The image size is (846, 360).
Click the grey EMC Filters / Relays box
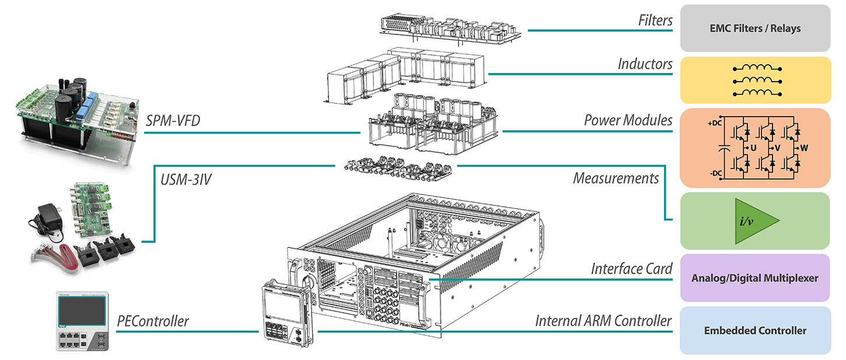click(755, 28)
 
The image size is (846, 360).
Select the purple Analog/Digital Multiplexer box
click(755, 278)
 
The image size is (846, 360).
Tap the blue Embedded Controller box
click(755, 330)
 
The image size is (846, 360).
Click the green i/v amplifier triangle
click(756, 221)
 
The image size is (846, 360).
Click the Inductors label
click(645, 64)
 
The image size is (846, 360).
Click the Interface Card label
click(631, 269)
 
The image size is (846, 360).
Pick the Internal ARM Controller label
click(603, 320)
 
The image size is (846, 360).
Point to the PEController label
click(153, 320)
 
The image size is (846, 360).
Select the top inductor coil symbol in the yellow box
click(755, 68)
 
